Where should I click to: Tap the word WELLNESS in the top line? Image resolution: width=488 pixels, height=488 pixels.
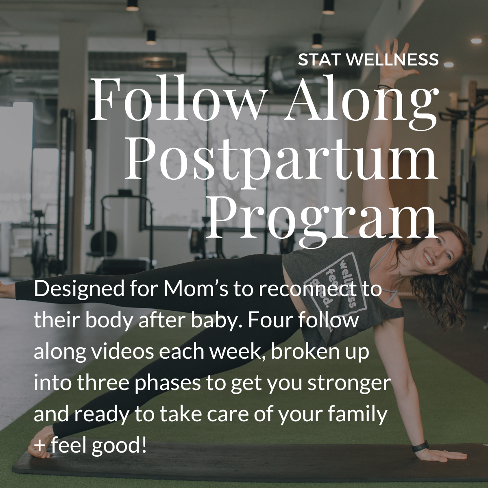tap(393, 60)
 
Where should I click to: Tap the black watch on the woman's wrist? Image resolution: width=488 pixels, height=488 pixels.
tap(420, 446)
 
